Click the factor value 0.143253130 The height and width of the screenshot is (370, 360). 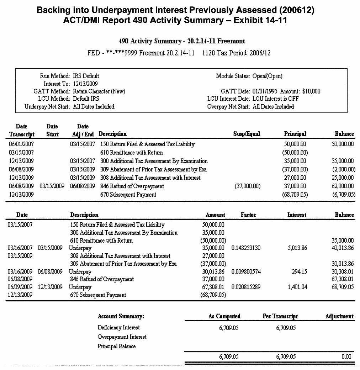[246, 248]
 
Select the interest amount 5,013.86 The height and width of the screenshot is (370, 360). [297, 248]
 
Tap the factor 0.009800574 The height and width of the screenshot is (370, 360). [246, 271]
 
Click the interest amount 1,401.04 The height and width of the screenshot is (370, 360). [297, 287]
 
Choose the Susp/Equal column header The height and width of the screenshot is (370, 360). [247, 134]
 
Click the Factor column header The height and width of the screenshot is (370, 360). [248, 215]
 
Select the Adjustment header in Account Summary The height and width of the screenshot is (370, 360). [339, 316]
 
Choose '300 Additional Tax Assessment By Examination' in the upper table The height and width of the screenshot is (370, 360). [154, 161]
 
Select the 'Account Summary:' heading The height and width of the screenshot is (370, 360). [121, 316]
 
